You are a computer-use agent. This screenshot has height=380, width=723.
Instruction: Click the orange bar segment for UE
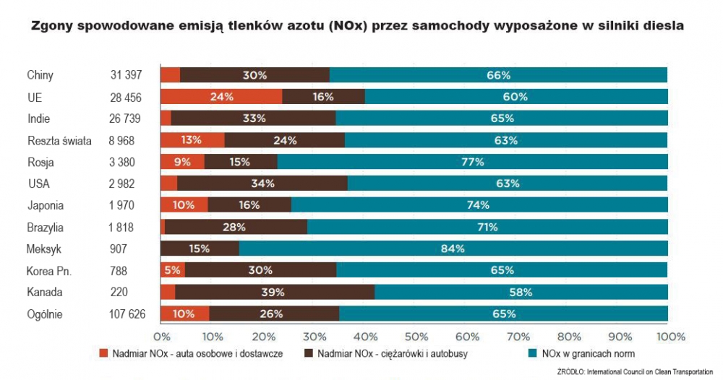coord(221,96)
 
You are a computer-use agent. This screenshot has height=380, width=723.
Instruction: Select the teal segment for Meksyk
coord(453,249)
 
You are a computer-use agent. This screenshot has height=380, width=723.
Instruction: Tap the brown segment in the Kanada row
coord(275,292)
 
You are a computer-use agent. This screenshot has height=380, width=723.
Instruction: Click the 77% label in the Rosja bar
coord(472,162)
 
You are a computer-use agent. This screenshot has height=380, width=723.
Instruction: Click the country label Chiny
coord(40,75)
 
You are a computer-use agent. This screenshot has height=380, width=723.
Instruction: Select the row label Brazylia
coord(46,227)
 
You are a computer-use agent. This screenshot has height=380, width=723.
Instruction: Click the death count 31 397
coord(126,75)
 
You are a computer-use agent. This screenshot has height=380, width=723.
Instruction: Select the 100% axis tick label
coord(670,337)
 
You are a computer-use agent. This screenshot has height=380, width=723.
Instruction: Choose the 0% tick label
coord(161,337)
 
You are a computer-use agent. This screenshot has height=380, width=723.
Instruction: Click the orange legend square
coord(103,354)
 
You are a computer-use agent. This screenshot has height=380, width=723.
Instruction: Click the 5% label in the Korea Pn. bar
coord(172,270)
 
